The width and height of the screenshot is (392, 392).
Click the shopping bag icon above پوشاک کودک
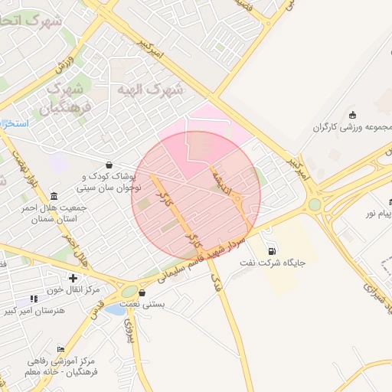109,165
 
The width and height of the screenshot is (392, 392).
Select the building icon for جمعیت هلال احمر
54,195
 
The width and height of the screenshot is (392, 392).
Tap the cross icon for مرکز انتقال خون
73,277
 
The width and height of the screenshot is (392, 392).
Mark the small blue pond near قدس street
116,309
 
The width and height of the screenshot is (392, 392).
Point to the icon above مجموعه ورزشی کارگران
352,115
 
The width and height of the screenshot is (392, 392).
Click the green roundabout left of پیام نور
315,204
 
